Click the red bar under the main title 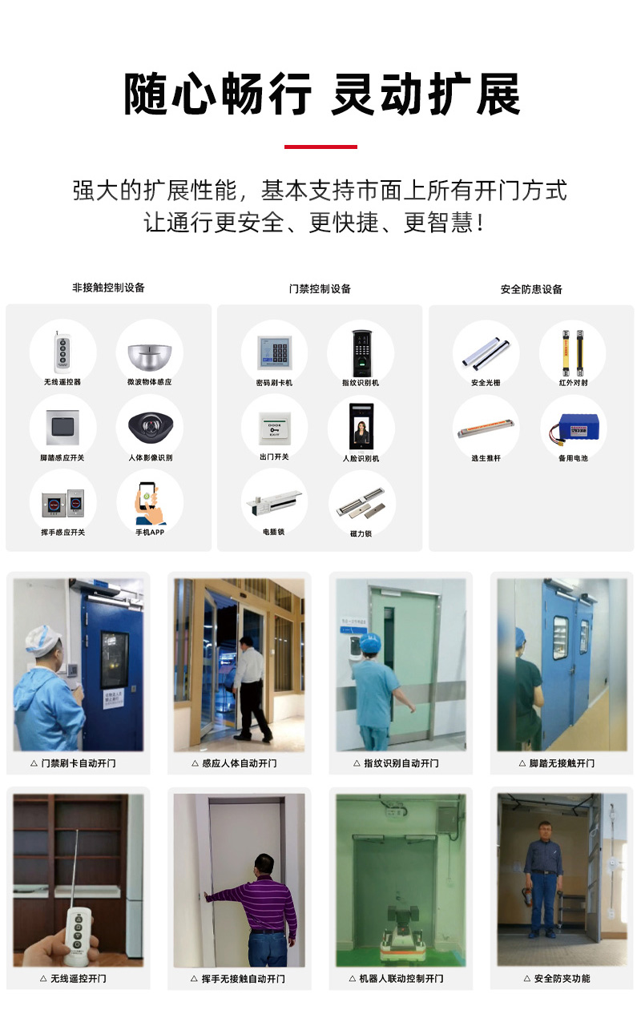pyautogui.click(x=320, y=147)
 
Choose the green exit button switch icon pyautogui.click(x=274, y=425)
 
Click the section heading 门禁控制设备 pyautogui.click(x=320, y=288)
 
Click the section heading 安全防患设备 pyautogui.click(x=531, y=289)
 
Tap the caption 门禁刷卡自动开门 pyautogui.click(x=78, y=763)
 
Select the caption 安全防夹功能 pyautogui.click(x=561, y=978)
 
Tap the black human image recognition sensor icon pyautogui.click(x=150, y=425)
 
